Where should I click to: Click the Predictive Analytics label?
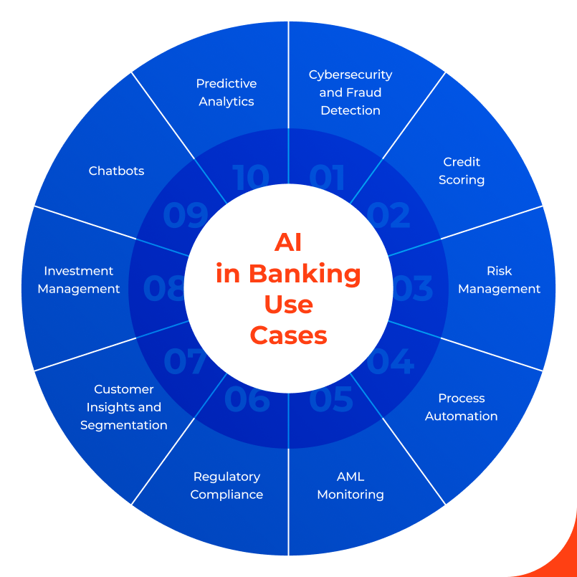click(x=226, y=92)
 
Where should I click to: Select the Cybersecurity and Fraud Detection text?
click(x=351, y=92)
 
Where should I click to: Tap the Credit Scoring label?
click(x=462, y=171)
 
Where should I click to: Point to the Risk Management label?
click(x=499, y=280)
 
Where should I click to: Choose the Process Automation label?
click(x=461, y=407)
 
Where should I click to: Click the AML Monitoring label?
click(x=351, y=485)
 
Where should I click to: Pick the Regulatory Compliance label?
click(x=226, y=485)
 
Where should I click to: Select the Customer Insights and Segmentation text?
click(x=124, y=407)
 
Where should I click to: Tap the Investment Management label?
click(x=79, y=280)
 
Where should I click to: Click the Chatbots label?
click(x=116, y=171)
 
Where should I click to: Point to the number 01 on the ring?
click(x=327, y=178)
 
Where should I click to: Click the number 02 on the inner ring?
click(x=388, y=216)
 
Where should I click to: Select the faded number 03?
click(x=413, y=288)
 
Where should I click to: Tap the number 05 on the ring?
click(x=331, y=399)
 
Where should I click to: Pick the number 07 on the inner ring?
click(x=185, y=362)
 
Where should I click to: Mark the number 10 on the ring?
click(x=250, y=178)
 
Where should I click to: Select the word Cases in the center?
click(x=288, y=335)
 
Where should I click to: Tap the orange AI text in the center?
click(x=288, y=243)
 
